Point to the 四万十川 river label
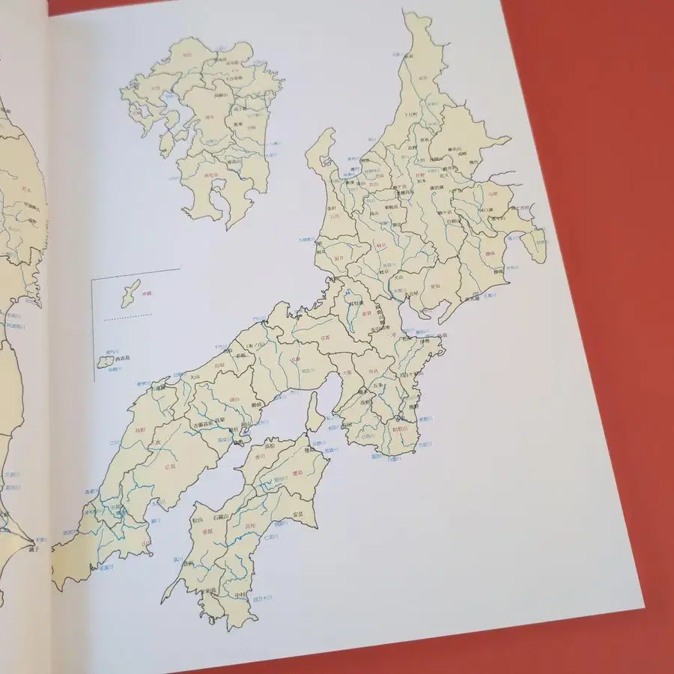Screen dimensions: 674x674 (264, 598)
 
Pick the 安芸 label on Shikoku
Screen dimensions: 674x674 (297, 514)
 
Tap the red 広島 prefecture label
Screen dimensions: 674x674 (171, 466)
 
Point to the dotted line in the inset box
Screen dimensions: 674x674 (127, 317)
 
